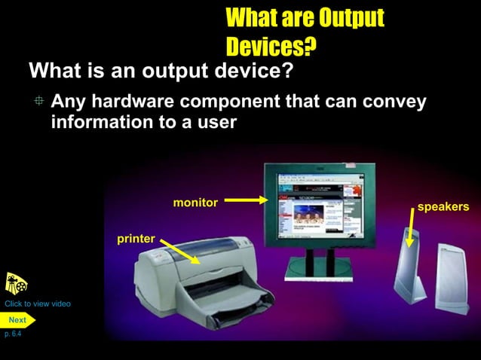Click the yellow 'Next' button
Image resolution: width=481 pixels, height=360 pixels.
[x=17, y=320]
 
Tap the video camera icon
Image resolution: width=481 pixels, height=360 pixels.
[x=16, y=284]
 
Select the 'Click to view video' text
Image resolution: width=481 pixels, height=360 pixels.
[x=38, y=304]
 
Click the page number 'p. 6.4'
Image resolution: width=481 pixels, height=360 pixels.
[x=12, y=334]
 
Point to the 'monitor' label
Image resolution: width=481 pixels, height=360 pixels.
[x=195, y=203]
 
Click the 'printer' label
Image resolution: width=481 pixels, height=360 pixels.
[x=136, y=239]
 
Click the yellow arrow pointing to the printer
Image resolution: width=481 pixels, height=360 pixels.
[x=179, y=252]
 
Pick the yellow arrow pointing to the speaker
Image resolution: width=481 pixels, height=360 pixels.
[x=410, y=228]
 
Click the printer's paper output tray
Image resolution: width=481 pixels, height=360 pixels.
[x=226, y=305]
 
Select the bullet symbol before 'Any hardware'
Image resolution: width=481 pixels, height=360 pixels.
[x=39, y=102]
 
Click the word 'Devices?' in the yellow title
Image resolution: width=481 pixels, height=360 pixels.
[x=271, y=47]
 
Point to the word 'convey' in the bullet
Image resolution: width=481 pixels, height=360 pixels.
[x=391, y=102]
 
